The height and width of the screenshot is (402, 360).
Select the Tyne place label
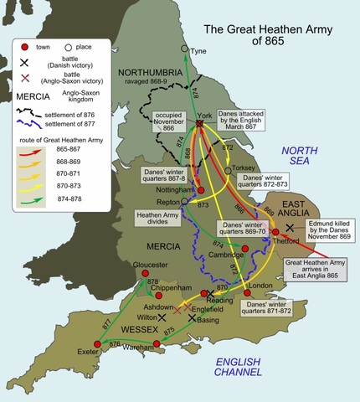[198, 51]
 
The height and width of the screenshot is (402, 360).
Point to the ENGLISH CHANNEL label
[238, 365]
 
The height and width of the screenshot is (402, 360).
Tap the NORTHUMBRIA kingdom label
[150, 73]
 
